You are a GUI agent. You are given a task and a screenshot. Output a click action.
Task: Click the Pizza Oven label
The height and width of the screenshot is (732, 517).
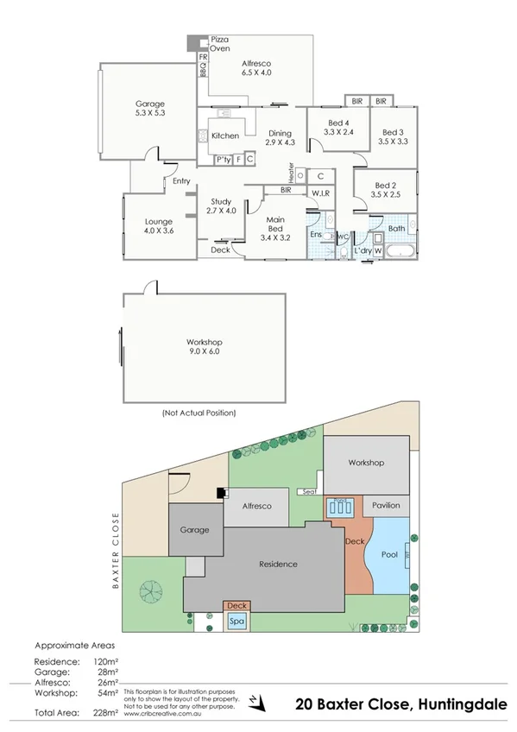(221, 45)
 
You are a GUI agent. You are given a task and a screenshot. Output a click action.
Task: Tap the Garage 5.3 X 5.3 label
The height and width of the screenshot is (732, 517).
(149, 108)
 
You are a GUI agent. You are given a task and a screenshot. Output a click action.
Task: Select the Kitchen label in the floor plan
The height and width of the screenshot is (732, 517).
(225, 136)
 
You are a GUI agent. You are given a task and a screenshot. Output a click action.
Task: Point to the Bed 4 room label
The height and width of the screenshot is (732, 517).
(339, 127)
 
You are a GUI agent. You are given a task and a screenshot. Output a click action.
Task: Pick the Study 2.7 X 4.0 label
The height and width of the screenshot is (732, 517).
(222, 205)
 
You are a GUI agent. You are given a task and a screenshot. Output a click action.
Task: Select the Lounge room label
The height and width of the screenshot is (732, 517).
(159, 226)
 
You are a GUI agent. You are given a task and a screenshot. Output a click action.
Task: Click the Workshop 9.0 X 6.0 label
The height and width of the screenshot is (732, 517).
(204, 346)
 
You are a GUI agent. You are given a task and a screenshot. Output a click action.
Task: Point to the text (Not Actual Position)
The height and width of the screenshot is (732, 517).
(199, 413)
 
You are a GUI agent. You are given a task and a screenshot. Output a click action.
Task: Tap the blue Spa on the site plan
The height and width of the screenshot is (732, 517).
(236, 621)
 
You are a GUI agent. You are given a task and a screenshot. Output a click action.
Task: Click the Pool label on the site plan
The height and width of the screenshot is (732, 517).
(389, 555)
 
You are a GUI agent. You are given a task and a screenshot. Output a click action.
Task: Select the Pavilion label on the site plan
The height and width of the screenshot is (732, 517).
(386, 505)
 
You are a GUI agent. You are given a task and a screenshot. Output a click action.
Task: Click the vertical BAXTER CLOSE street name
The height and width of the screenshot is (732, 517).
(113, 551)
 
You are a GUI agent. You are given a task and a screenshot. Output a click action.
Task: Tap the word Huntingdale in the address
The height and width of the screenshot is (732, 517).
(463, 704)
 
